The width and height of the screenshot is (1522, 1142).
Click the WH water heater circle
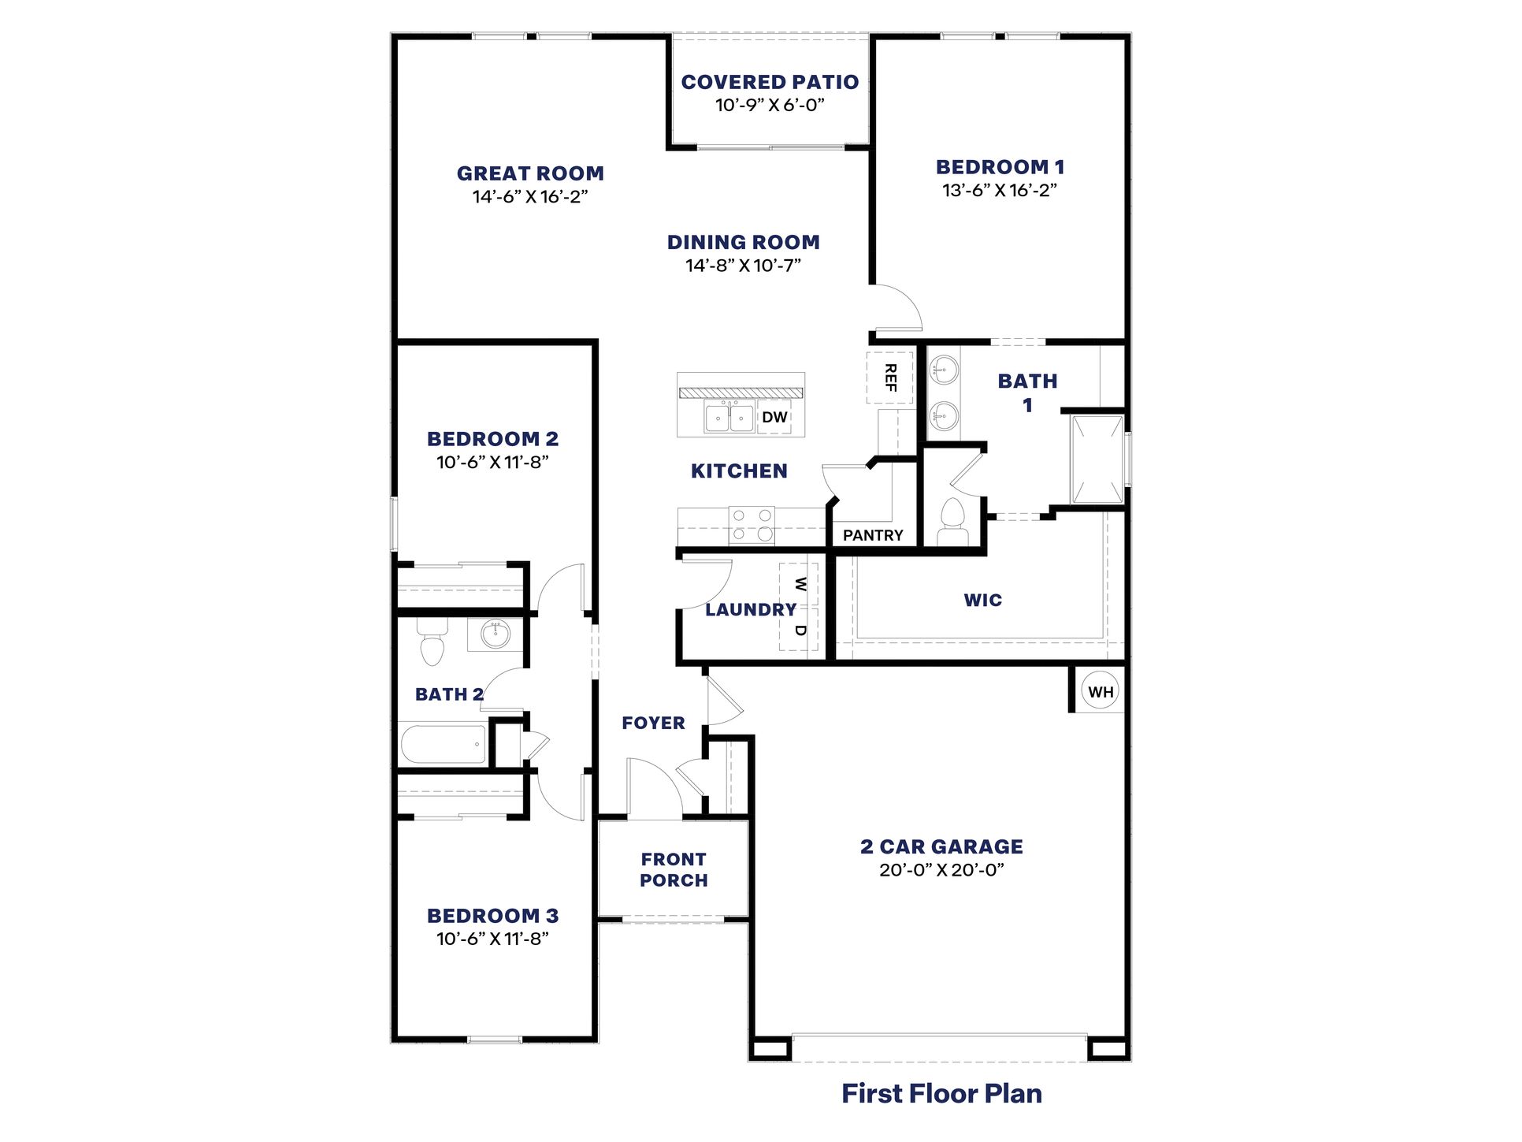click(1100, 692)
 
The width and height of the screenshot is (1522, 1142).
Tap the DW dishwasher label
click(774, 417)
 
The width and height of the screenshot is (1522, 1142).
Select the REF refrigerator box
click(889, 378)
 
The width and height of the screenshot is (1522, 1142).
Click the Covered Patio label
click(770, 82)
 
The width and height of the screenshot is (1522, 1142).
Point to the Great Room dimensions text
click(530, 196)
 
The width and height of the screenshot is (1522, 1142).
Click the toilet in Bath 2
click(432, 642)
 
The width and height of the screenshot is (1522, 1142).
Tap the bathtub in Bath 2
click(444, 744)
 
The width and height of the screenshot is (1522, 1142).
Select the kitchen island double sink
click(729, 417)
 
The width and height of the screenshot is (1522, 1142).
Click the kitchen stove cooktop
click(751, 525)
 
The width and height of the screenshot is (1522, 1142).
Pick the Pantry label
click(873, 535)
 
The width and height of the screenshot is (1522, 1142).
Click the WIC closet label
click(982, 601)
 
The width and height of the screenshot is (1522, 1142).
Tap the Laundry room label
click(750, 609)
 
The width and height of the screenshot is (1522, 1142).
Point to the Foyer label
click(653, 723)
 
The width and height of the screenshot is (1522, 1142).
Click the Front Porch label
click(674, 870)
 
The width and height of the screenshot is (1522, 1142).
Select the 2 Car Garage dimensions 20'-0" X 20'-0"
click(941, 870)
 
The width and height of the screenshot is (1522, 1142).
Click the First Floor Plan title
click(941, 1094)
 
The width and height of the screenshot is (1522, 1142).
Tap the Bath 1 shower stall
click(1097, 459)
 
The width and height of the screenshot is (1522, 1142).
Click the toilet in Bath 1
click(953, 520)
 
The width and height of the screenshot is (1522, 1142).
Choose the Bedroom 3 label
click(492, 916)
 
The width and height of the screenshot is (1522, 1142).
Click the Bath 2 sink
click(496, 634)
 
